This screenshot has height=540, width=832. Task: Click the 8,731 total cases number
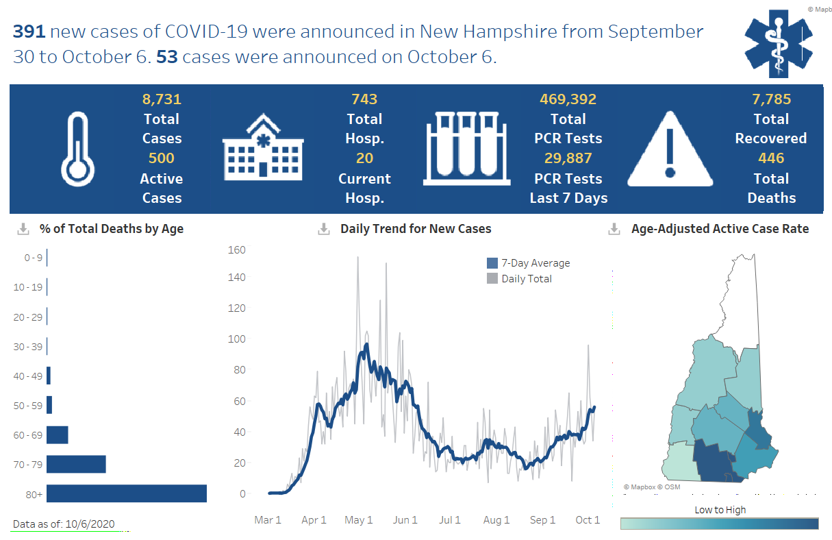click(x=162, y=99)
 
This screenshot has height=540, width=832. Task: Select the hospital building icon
click(x=262, y=149)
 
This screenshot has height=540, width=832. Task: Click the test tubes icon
click(x=467, y=149)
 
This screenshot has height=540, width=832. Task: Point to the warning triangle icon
click(x=670, y=150)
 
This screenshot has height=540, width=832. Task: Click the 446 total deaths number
click(x=771, y=158)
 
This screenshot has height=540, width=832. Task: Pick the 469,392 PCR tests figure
click(x=568, y=99)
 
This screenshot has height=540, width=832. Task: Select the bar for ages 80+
click(x=127, y=493)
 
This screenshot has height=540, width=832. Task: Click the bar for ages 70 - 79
click(x=76, y=464)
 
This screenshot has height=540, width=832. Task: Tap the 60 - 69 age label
click(x=27, y=435)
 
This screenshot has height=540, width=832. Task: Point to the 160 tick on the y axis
click(x=236, y=249)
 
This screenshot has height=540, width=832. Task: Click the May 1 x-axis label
click(x=359, y=520)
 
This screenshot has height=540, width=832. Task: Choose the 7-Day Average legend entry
click(x=535, y=263)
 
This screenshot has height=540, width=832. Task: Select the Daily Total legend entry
click(x=526, y=279)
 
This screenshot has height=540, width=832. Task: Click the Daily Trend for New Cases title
click(x=416, y=229)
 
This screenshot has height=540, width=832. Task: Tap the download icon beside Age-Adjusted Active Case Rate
click(x=614, y=229)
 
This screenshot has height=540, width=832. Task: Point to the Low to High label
click(x=720, y=510)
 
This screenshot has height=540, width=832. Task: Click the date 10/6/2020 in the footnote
click(x=90, y=524)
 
